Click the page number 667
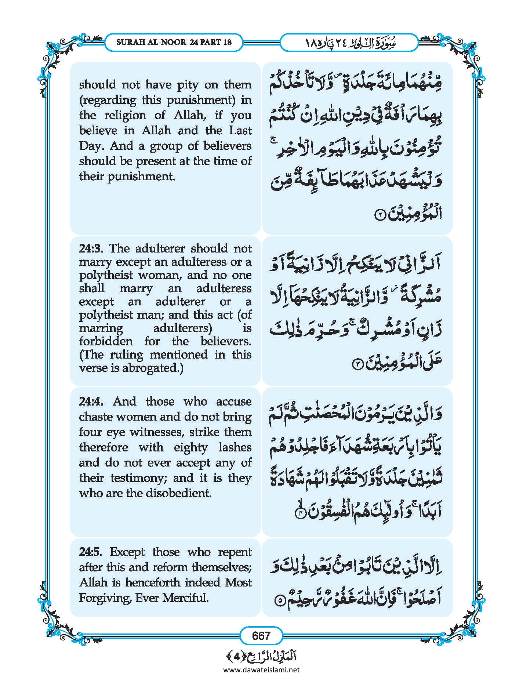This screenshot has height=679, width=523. pyautogui.click(x=261, y=635)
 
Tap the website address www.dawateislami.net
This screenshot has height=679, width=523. pyautogui.click(x=261, y=669)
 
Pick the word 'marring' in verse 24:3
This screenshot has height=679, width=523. pyautogui.click(x=101, y=328)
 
